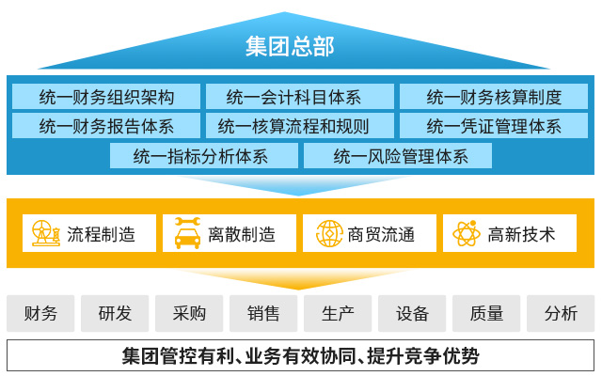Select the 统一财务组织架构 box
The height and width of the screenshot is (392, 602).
tap(106, 96)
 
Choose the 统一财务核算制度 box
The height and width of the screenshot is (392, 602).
tap(494, 96)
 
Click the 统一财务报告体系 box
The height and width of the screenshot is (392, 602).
tap(106, 125)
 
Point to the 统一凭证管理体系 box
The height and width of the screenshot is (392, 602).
tap(494, 125)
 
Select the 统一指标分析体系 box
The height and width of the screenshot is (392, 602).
tap(201, 155)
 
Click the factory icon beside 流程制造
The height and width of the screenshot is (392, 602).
tap(46, 233)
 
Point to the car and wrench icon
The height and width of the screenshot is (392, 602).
tap(187, 233)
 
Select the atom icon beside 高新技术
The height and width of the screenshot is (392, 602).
tap(467, 233)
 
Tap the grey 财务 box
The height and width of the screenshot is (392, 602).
tap(40, 314)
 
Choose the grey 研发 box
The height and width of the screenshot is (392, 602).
tap(115, 314)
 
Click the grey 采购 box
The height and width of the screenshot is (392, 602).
tap(189, 314)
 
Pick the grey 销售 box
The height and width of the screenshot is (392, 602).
tap(263, 314)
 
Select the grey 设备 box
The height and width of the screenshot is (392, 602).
tap(412, 314)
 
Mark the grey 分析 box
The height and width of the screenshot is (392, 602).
tap(561, 314)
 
